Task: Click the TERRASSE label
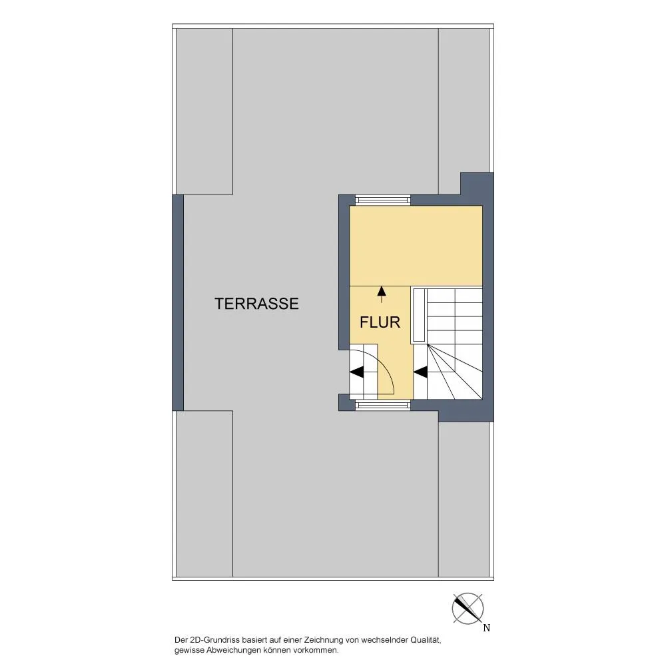point(256,304)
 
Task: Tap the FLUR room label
point(380,322)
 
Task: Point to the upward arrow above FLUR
point(382,294)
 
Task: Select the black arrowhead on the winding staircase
point(420,372)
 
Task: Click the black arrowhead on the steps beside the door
point(357,372)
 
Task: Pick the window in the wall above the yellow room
point(383,200)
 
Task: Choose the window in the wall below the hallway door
point(383,405)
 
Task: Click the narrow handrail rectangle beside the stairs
point(419,316)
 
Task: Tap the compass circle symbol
point(468,608)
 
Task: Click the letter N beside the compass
point(487,628)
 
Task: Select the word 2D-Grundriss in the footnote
point(214,640)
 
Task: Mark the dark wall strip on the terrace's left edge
point(178,302)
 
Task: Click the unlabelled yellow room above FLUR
point(416,246)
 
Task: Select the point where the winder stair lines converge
point(428,344)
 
